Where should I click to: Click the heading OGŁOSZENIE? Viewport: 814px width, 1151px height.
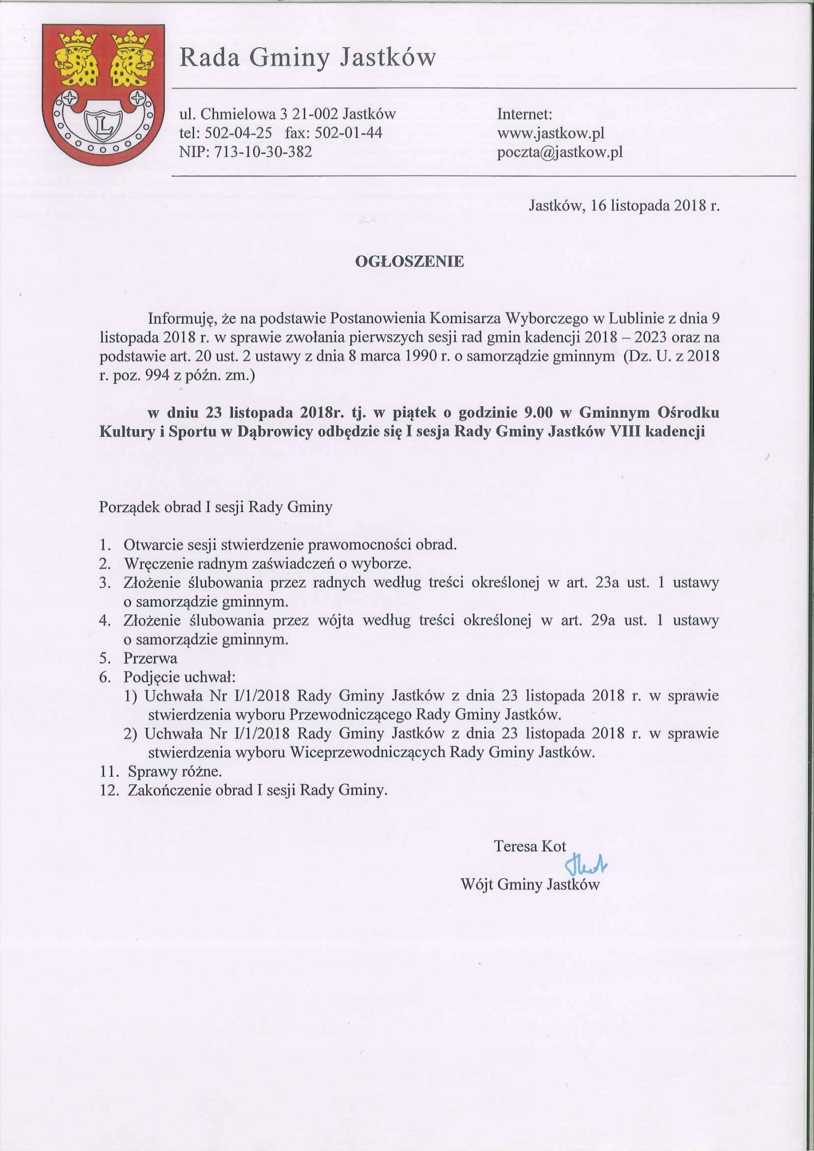click(x=409, y=261)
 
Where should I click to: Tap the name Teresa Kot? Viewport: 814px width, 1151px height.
click(x=530, y=846)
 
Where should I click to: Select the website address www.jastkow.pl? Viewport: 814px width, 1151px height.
click(x=550, y=133)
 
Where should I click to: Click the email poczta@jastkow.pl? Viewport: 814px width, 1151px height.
click(x=559, y=152)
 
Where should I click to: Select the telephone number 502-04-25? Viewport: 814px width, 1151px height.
click(x=238, y=133)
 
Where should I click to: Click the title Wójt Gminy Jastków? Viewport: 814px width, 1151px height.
click(x=530, y=885)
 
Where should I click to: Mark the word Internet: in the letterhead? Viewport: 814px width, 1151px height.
click(x=524, y=114)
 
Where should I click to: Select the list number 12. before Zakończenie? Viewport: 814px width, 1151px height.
click(x=110, y=790)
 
